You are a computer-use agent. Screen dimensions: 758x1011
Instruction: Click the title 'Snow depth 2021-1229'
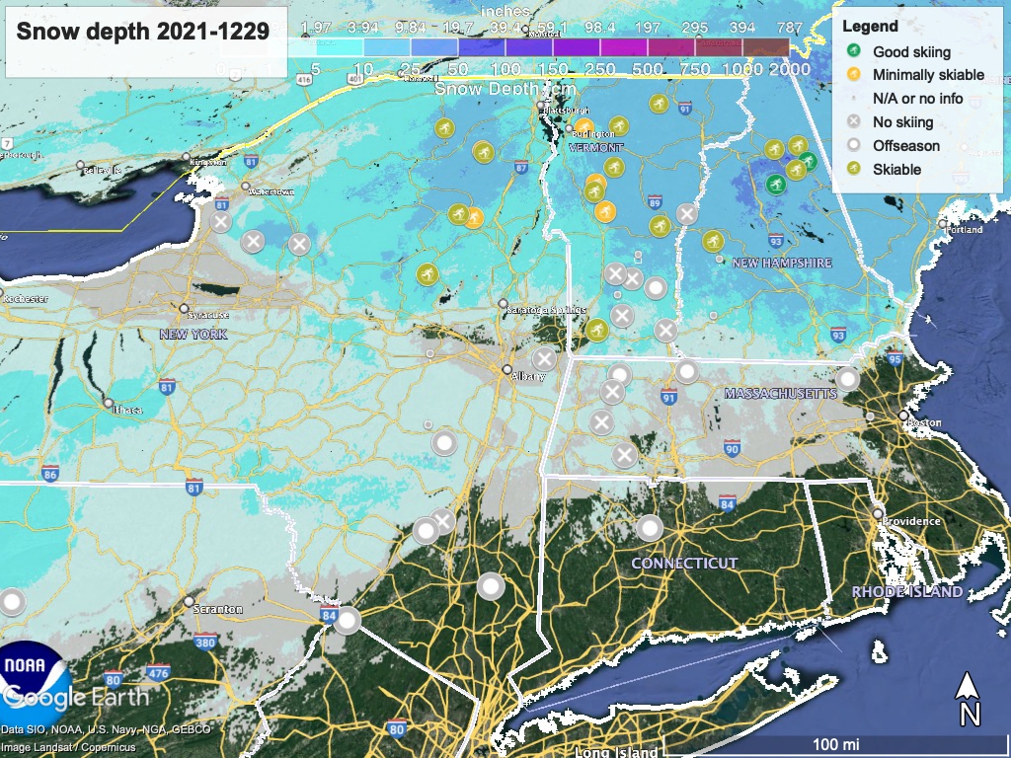[x=142, y=32]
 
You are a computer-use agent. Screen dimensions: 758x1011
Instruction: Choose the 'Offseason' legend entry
[x=905, y=146]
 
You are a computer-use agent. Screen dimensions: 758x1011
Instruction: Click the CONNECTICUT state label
[x=684, y=563]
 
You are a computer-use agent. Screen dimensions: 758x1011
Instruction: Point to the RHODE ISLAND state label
[x=906, y=592]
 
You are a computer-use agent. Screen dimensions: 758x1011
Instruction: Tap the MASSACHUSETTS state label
[x=780, y=394]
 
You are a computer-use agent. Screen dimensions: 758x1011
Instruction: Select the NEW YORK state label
[x=194, y=335]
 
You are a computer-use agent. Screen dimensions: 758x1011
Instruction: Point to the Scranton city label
[x=218, y=609]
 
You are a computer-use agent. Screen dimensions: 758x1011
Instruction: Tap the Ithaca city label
[x=125, y=410]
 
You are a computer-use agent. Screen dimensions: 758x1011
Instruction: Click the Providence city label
[x=909, y=519]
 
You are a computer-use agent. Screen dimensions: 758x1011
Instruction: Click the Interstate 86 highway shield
[x=50, y=476]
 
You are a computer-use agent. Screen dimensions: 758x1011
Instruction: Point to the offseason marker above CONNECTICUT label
[x=649, y=528]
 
